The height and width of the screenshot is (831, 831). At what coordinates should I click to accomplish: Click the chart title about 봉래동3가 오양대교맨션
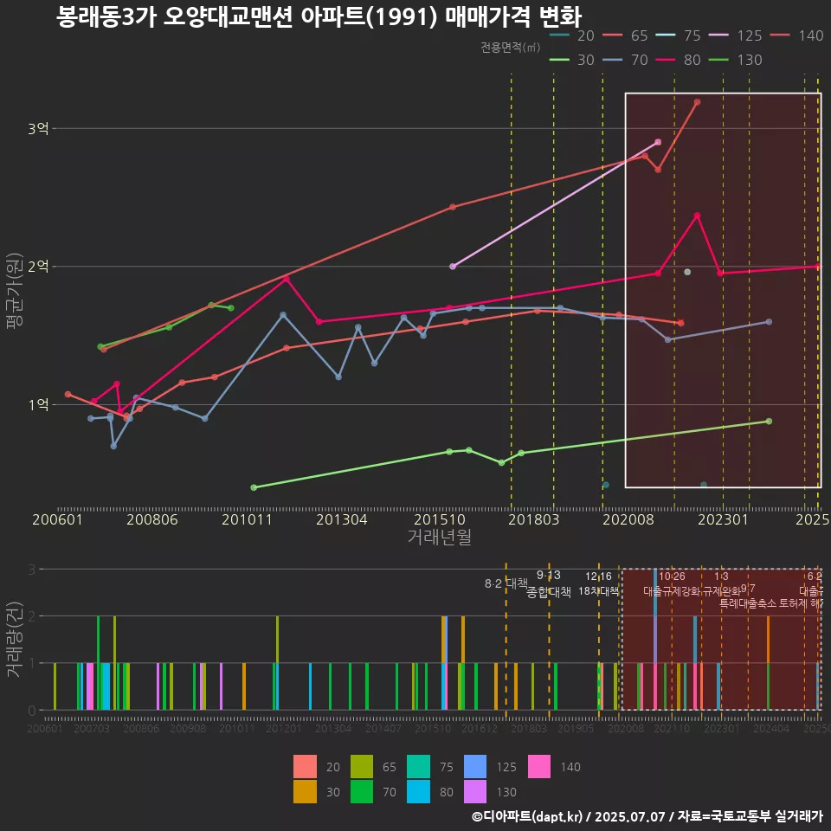(x=319, y=17)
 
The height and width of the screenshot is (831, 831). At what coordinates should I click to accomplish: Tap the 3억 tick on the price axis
(x=37, y=128)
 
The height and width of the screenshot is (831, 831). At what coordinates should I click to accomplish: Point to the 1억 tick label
(x=37, y=404)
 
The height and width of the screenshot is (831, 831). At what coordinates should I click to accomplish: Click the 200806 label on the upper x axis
(x=152, y=519)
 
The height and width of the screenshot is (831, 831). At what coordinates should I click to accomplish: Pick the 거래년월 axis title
(x=439, y=537)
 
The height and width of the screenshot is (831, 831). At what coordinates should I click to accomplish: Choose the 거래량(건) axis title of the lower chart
(x=15, y=636)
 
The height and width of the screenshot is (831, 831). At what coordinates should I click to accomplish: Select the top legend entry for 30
(x=572, y=60)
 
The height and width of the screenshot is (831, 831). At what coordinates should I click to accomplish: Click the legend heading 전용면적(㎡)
(x=511, y=48)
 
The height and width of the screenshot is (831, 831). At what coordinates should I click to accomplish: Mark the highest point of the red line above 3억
(x=697, y=102)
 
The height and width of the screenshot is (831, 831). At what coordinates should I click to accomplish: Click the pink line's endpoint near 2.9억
(x=658, y=142)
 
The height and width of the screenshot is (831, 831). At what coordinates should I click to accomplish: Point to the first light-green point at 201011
(x=254, y=487)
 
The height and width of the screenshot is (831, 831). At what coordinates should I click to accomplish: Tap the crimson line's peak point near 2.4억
(x=697, y=216)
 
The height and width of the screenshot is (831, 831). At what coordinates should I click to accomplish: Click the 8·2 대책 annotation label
(x=506, y=583)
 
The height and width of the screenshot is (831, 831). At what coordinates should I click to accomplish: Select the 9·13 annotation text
(x=549, y=575)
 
